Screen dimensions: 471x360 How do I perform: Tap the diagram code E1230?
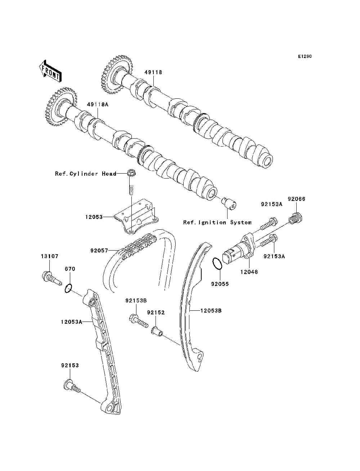[304, 57]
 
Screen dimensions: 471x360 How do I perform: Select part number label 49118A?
[97, 104]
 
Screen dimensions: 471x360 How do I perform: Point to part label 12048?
[249, 272]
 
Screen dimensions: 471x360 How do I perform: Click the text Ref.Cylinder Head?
[86, 174]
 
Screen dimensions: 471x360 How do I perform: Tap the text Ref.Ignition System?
[217, 223]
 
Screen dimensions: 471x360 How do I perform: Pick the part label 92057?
[99, 249]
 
